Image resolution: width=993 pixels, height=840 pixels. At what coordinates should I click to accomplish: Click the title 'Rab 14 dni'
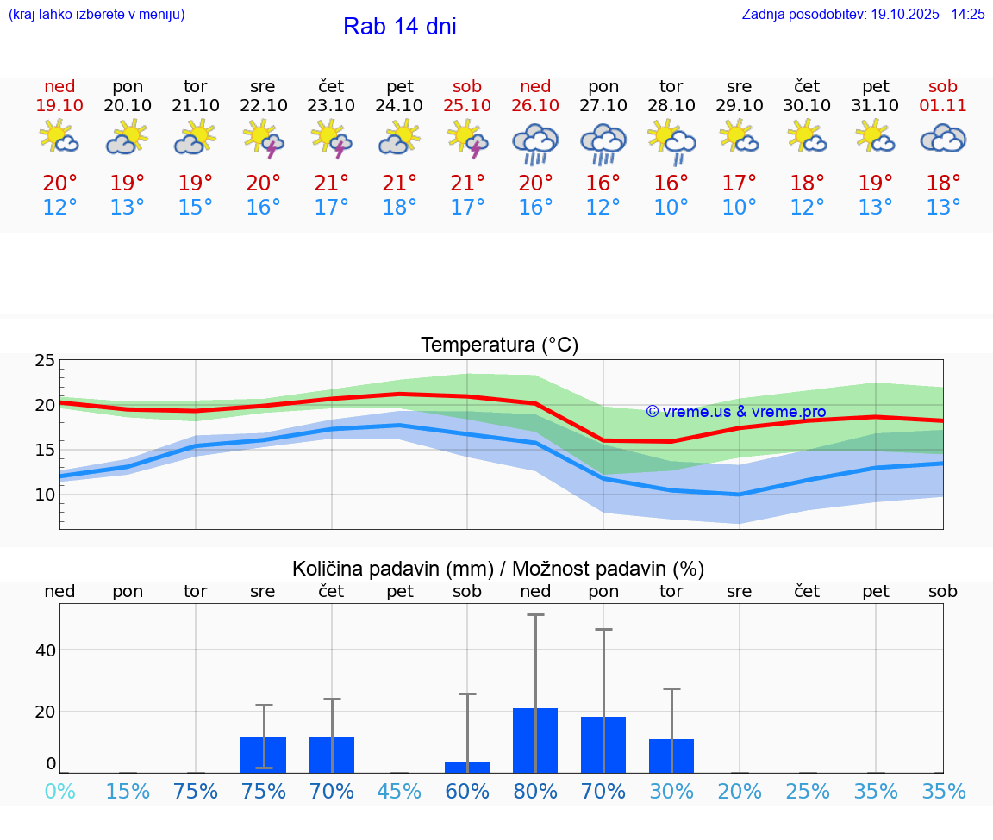pyautogui.click(x=399, y=27)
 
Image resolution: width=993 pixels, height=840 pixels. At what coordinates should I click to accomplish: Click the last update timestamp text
pyautogui.click(x=863, y=14)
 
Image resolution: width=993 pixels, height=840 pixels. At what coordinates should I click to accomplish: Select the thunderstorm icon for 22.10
pyautogui.click(x=264, y=139)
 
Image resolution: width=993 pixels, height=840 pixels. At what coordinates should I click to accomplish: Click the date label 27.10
pyautogui.click(x=603, y=106)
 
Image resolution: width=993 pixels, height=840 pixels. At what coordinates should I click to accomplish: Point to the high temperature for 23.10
pyautogui.click(x=332, y=184)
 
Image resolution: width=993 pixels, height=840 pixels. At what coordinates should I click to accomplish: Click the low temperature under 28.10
pyautogui.click(x=671, y=208)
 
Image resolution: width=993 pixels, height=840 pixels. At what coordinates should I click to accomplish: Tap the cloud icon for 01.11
pyautogui.click(x=943, y=138)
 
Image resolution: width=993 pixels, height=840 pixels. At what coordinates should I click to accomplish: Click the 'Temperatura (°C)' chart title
pyautogui.click(x=499, y=345)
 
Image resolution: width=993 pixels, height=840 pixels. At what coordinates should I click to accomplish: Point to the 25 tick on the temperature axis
pyautogui.click(x=45, y=360)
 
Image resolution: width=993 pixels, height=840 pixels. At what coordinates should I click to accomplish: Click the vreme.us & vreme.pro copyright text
pyautogui.click(x=736, y=412)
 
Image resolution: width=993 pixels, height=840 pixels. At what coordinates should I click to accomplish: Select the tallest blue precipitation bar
pyautogui.click(x=535, y=740)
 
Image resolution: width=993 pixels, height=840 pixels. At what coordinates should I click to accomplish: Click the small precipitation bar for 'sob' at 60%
pyautogui.click(x=468, y=767)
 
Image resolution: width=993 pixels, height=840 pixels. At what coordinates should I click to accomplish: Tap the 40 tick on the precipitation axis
pyautogui.click(x=45, y=650)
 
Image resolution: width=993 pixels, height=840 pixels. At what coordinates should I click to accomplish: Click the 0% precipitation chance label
pyautogui.click(x=59, y=791)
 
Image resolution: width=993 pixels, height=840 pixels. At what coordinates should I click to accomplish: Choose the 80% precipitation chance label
pyautogui.click(x=535, y=791)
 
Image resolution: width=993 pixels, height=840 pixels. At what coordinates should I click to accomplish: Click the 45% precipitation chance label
pyautogui.click(x=400, y=791)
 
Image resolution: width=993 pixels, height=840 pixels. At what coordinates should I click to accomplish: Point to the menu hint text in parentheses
pyautogui.click(x=97, y=14)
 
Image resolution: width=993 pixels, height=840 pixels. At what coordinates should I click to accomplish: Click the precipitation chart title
pyautogui.click(x=498, y=569)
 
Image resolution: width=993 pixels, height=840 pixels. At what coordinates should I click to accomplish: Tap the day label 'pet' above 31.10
pyautogui.click(x=876, y=86)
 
